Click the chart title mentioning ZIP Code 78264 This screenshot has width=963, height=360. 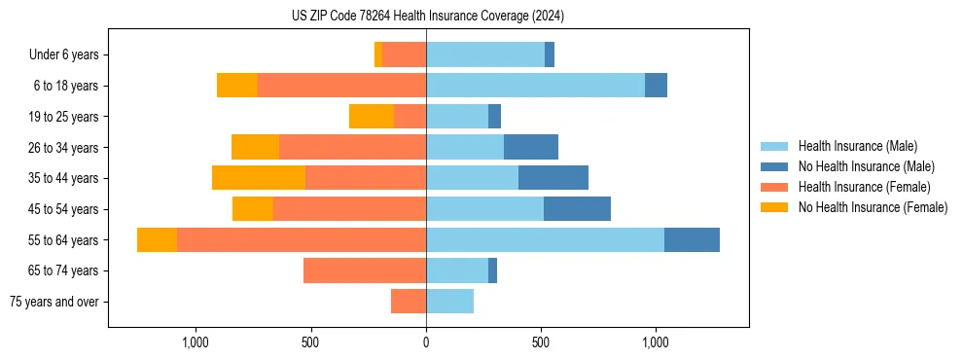(x=427, y=17)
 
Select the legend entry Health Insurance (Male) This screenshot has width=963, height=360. (x=857, y=146)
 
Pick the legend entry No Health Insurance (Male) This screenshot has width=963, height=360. (x=864, y=166)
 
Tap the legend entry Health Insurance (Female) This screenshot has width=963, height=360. (x=864, y=187)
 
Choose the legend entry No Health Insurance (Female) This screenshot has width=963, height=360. (x=871, y=207)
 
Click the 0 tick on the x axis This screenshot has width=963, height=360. (x=426, y=342)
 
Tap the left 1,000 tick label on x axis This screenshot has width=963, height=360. (x=196, y=342)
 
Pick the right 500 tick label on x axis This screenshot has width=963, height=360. (x=541, y=342)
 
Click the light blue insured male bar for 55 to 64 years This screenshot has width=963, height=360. (x=545, y=239)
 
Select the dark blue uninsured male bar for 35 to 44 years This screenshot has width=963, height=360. (x=553, y=178)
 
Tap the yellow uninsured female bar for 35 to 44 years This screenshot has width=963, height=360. (x=259, y=178)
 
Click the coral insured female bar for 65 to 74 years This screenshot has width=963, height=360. (x=365, y=270)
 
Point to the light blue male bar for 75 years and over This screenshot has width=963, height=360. (x=449, y=302)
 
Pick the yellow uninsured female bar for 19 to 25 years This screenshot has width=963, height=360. (x=372, y=116)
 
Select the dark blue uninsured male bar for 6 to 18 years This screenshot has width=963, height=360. (x=656, y=86)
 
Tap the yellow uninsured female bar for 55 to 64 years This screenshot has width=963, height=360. (x=157, y=239)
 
